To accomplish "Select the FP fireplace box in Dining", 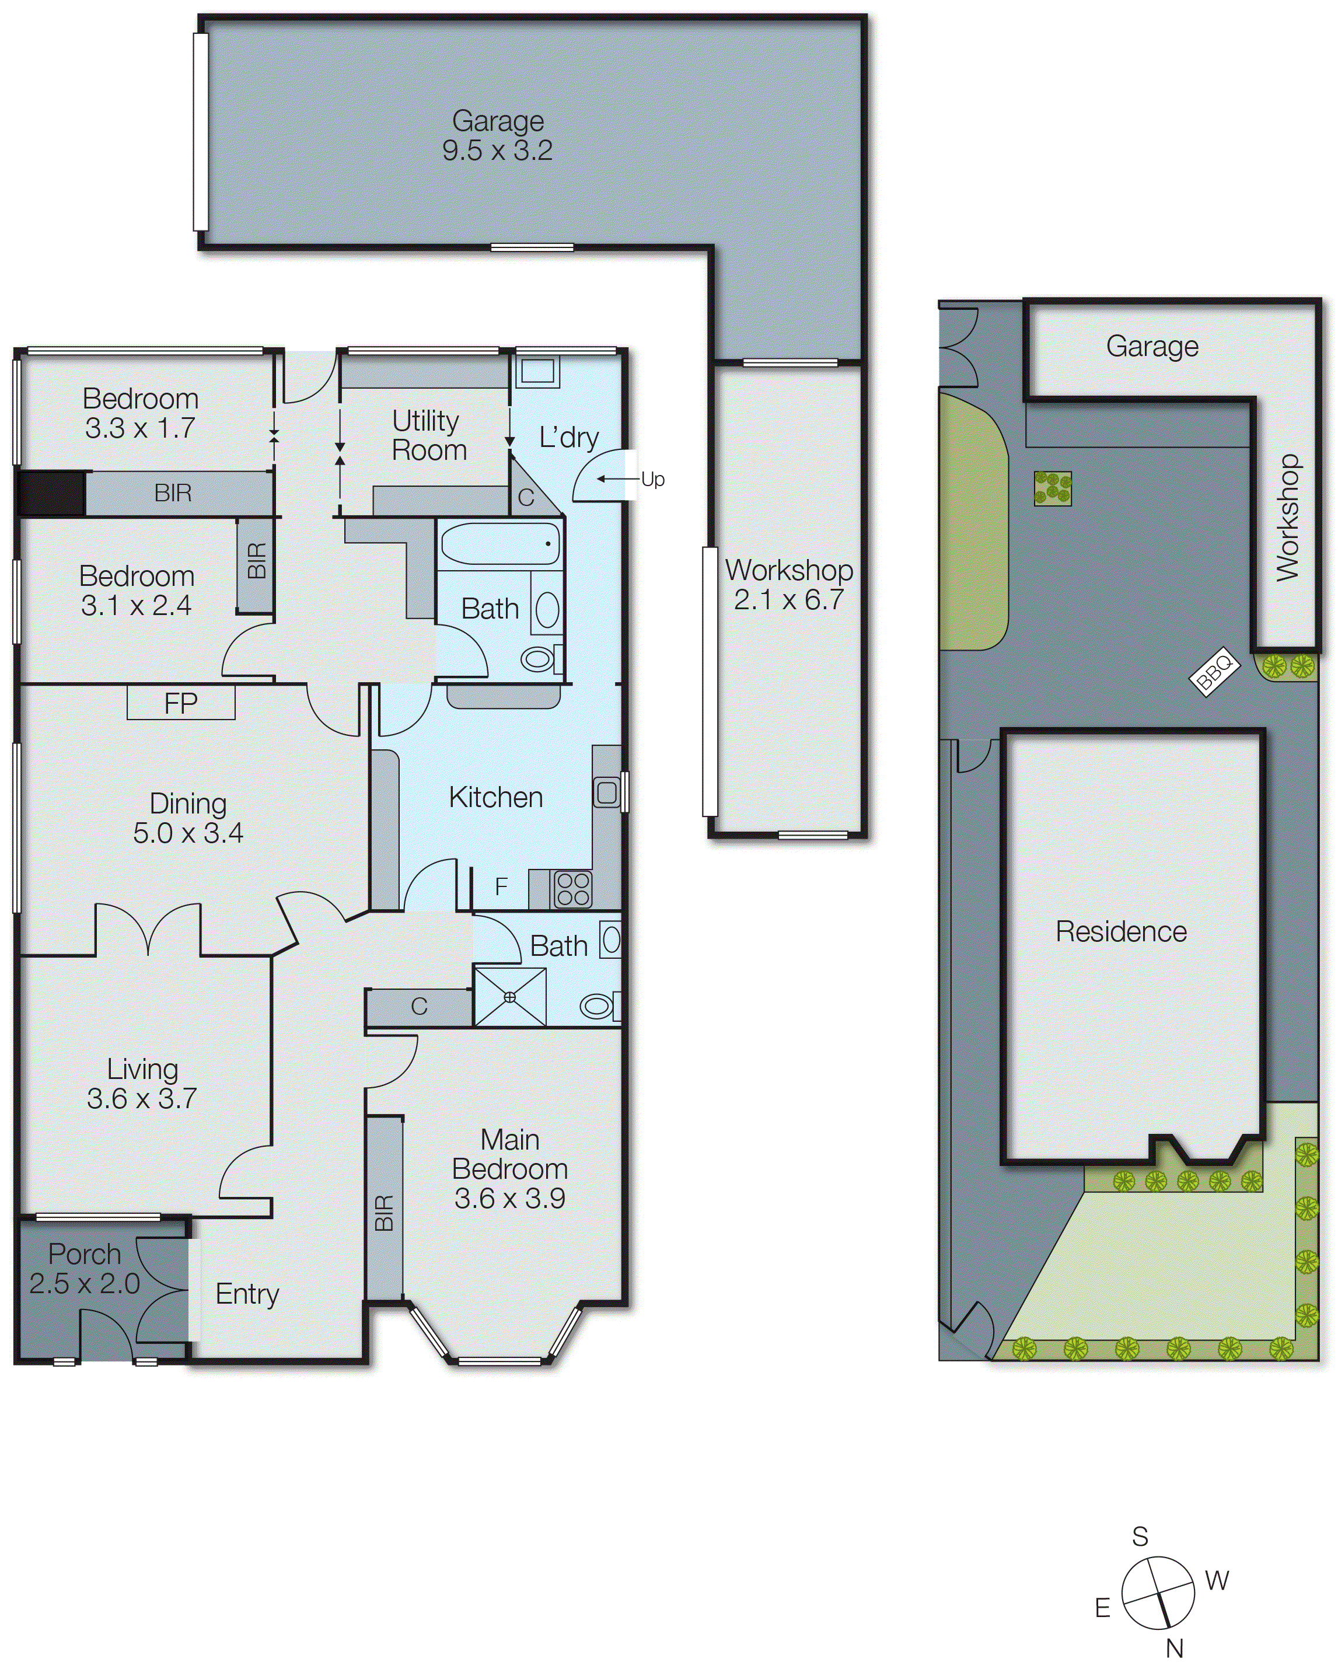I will click(x=180, y=704).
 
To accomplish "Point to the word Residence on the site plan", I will click(x=1120, y=931).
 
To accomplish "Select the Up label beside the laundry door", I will click(x=652, y=480).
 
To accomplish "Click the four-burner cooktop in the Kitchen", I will click(x=573, y=889).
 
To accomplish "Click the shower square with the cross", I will click(x=510, y=997).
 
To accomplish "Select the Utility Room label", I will click(x=428, y=435).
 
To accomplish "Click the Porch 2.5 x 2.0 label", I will click(x=84, y=1269).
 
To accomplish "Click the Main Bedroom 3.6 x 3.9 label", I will click(x=509, y=1169).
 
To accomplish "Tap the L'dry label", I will click(x=568, y=438).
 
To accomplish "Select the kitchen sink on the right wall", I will click(x=606, y=793).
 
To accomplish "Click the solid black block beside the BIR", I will click(x=51, y=493).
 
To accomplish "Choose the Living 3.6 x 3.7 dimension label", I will click(x=141, y=1083).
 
